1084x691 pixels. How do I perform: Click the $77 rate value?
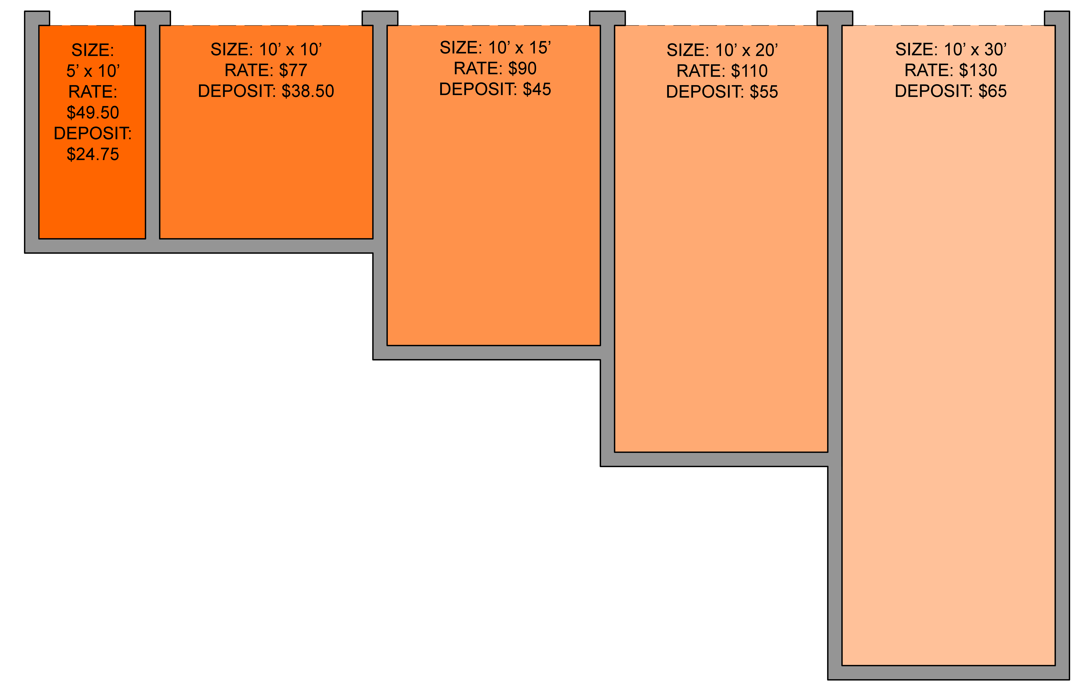click(293, 70)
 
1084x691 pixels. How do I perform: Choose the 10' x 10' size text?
click(290, 49)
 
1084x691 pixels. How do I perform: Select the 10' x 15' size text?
click(519, 48)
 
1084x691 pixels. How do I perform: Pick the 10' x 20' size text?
click(746, 50)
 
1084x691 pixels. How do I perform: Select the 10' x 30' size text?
click(975, 49)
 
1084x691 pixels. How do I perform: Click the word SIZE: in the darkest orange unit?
click(93, 50)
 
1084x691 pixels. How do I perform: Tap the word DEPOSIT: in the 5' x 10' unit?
click(93, 133)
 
